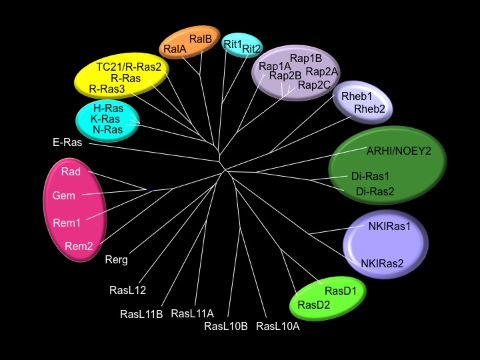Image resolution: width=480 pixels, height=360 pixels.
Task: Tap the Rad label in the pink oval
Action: tap(71, 172)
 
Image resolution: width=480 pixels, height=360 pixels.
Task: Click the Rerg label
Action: tap(116, 260)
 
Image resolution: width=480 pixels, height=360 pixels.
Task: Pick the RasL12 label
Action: tap(128, 290)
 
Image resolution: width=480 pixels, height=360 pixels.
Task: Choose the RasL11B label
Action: tap(141, 313)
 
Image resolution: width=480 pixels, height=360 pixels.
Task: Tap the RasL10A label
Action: tap(278, 326)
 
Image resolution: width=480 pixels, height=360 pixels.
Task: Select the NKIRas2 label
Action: tap(382, 263)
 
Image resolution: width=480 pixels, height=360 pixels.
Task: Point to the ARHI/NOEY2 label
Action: tap(399, 151)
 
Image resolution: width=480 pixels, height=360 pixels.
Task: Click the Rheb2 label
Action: tap(369, 109)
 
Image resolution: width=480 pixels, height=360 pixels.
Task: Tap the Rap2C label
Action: tap(313, 85)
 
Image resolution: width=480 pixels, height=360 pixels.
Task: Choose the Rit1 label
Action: tap(233, 44)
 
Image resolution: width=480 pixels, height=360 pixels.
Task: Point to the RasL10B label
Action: tap(226, 326)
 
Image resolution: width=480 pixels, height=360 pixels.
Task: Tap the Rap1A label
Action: tap(275, 66)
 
